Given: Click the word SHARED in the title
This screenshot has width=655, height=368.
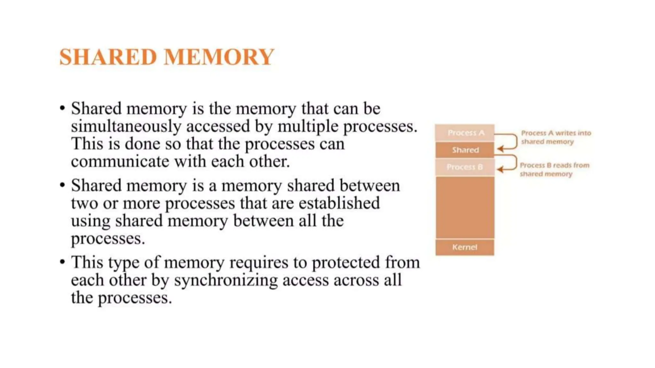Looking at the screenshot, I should coord(108,57).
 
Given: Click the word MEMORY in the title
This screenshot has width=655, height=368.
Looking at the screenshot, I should coord(219,57).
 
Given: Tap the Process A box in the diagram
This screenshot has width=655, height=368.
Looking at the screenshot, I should coord(465,133).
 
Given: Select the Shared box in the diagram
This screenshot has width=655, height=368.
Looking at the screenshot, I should coord(465,150).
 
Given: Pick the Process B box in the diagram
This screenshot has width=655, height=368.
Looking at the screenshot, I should coord(465,167).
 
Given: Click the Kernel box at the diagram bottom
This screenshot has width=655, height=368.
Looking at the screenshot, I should coord(465,247).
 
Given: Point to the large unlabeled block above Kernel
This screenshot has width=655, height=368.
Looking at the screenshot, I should coord(465,208).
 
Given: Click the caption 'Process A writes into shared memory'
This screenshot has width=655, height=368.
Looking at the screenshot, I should coord(556,137).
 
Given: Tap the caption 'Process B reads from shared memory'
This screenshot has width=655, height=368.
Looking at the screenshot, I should coord(554,170).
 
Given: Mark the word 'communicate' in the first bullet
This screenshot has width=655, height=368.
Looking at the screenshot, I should coord(120,162).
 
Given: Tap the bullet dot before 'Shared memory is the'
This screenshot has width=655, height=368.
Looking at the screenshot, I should coord(62,108).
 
